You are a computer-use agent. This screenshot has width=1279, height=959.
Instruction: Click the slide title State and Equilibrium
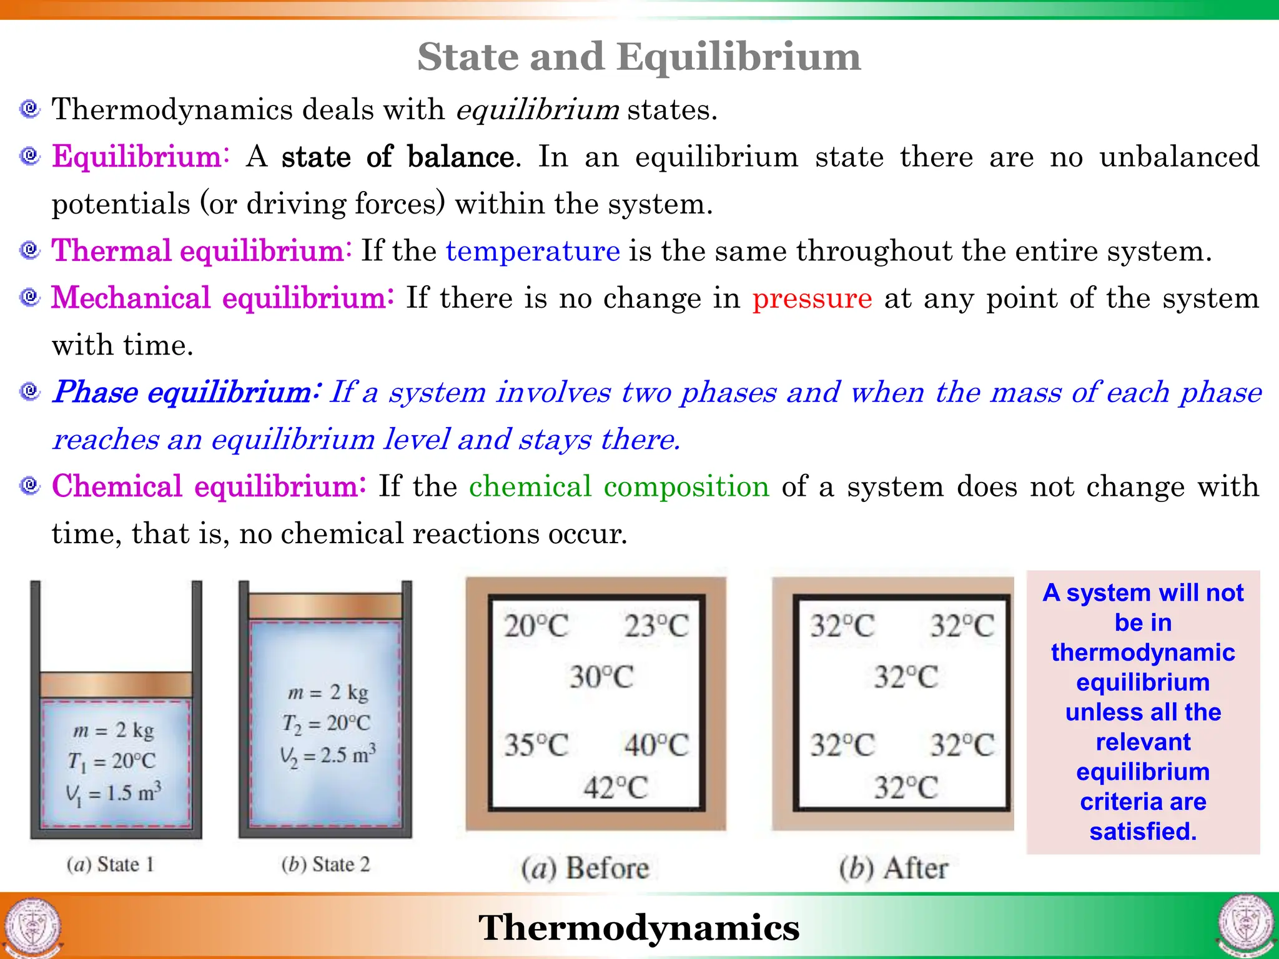pyautogui.click(x=639, y=57)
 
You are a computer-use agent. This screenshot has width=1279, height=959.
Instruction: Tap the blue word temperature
pyautogui.click(x=533, y=251)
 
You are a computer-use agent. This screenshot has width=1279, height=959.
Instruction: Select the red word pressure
pyautogui.click(x=812, y=298)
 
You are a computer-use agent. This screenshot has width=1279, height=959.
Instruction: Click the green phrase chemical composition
pyautogui.click(x=619, y=486)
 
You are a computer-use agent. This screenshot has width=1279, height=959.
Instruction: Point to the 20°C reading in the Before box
pyautogui.click(x=536, y=626)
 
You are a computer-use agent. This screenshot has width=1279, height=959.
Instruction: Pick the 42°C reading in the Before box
pyautogui.click(x=616, y=787)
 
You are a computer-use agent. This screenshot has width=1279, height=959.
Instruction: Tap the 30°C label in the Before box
pyautogui.click(x=601, y=677)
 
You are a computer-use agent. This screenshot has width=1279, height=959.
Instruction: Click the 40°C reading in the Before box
pyautogui.click(x=656, y=745)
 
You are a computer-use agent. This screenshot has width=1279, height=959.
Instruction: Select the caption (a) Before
pyautogui.click(x=585, y=868)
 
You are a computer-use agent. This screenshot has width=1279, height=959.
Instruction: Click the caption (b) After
pyautogui.click(x=893, y=868)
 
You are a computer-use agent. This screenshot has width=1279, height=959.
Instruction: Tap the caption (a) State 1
pyautogui.click(x=110, y=865)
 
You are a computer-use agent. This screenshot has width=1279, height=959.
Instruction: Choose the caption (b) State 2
pyautogui.click(x=325, y=865)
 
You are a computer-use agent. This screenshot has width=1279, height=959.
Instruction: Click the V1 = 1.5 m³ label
pyautogui.click(x=114, y=793)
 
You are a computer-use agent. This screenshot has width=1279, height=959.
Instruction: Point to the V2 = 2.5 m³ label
pyautogui.click(x=328, y=755)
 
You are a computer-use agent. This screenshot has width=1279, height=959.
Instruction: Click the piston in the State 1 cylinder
pyautogui.click(x=116, y=685)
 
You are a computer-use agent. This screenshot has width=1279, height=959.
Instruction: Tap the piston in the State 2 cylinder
pyautogui.click(x=325, y=606)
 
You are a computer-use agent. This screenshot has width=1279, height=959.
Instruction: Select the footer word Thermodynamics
pyautogui.click(x=639, y=928)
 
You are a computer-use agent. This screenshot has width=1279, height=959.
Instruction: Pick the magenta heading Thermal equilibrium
pyautogui.click(x=198, y=251)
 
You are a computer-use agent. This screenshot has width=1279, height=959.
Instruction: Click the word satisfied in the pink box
pyautogui.click(x=1142, y=832)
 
